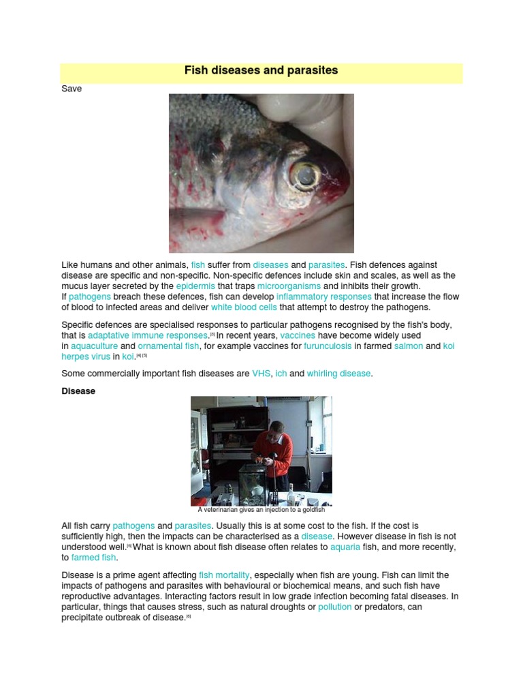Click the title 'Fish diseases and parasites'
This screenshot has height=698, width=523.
tap(261, 71)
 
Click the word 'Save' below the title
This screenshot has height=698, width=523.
tap(72, 89)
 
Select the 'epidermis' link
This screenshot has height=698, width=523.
tap(195, 286)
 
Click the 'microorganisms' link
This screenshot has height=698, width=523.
tap(288, 286)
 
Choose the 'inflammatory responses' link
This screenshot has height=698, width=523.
tap(323, 297)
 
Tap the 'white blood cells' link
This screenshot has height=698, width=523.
tap(244, 307)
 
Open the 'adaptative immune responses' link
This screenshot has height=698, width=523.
tap(148, 336)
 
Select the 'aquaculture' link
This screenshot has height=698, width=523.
tap(94, 346)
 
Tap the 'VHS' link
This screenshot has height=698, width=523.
tap(261, 374)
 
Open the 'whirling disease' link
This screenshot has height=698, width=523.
tap(338, 374)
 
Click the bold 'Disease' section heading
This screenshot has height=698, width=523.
tap(78, 392)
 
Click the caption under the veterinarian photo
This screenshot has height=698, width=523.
tap(261, 510)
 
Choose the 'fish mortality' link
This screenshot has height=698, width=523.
tap(224, 576)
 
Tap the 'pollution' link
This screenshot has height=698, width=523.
tap(334, 607)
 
